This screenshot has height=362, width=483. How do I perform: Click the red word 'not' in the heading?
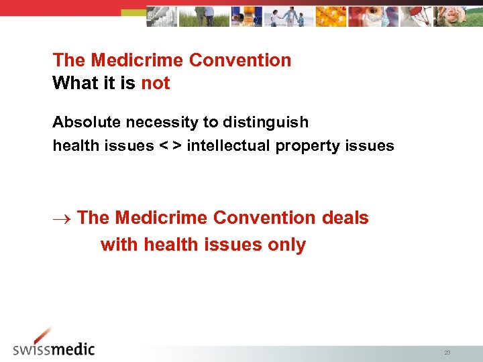click(x=156, y=84)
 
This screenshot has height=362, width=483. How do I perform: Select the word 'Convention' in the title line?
click(x=240, y=60)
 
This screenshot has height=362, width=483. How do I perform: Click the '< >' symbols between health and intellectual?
click(x=170, y=146)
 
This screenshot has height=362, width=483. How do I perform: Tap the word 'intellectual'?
click(x=229, y=146)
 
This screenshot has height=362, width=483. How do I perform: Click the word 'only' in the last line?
click(x=287, y=245)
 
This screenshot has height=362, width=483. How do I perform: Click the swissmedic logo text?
click(x=54, y=349)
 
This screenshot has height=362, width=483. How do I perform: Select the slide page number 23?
click(x=447, y=352)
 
